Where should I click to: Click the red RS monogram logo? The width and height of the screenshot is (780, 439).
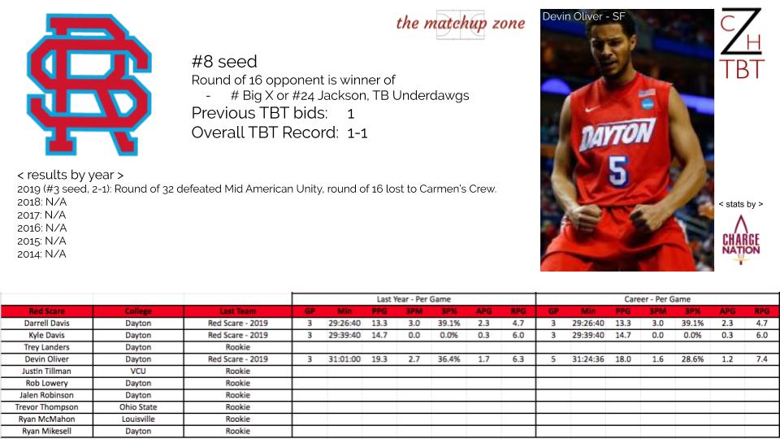(x=89, y=85)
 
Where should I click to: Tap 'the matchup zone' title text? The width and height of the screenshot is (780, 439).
(x=460, y=23)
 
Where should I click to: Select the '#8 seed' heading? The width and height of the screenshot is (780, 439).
(x=224, y=62)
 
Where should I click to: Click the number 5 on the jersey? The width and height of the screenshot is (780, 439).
(x=618, y=171)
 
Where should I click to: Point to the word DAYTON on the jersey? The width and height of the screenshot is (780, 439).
(x=617, y=134)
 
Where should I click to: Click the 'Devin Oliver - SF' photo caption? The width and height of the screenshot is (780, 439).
(x=583, y=16)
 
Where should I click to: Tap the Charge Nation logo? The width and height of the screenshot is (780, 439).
(x=741, y=240)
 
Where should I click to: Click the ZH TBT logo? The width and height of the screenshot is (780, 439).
(x=741, y=44)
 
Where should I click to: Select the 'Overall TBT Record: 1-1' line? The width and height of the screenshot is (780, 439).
(x=279, y=133)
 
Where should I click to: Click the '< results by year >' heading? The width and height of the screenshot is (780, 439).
(x=70, y=176)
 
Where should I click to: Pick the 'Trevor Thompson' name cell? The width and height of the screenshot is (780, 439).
(x=47, y=407)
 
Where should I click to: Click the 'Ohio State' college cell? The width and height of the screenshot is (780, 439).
(x=138, y=407)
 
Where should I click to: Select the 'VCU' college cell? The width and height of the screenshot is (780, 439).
(x=138, y=372)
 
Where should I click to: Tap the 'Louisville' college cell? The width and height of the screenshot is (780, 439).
(x=138, y=419)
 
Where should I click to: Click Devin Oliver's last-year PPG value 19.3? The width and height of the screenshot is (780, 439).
(x=379, y=359)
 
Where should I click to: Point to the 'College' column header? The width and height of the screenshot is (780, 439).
(x=138, y=311)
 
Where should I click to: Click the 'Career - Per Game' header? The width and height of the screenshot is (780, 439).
(x=657, y=299)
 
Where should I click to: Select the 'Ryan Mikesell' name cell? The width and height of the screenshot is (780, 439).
(x=47, y=431)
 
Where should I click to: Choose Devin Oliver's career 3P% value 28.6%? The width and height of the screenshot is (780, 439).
(x=692, y=359)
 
